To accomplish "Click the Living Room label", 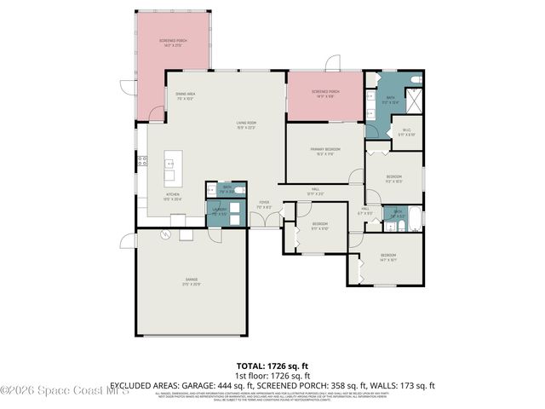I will [246, 124].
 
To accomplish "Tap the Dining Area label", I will [186, 95].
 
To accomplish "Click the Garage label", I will [192, 281].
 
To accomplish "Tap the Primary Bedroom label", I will [324, 151].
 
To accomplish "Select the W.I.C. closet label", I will [406, 133].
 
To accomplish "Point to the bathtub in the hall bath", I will [414, 218].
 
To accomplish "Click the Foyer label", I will [264, 204].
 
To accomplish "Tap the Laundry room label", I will [219, 211].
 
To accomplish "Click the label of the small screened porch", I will [324, 93].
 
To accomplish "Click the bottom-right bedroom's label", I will [388, 256].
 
